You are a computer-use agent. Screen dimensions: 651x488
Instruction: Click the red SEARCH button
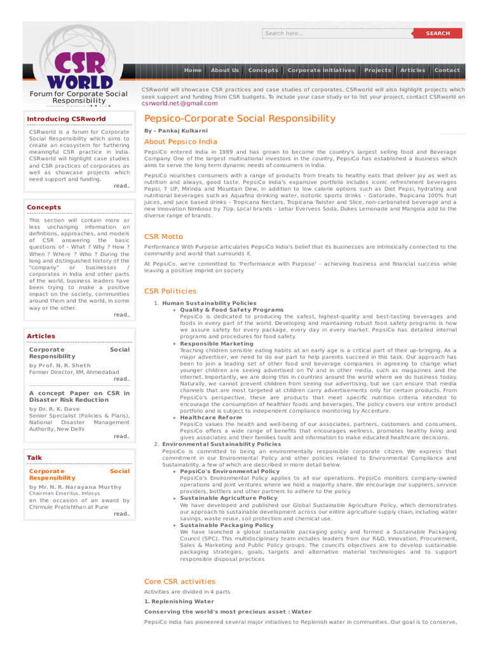[x=437, y=33]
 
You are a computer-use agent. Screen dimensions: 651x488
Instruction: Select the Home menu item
[x=193, y=70]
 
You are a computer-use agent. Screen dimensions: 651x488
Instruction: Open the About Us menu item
[x=225, y=70]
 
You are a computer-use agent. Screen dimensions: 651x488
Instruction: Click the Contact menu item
[x=447, y=70]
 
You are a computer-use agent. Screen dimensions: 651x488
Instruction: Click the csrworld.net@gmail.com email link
[x=179, y=103]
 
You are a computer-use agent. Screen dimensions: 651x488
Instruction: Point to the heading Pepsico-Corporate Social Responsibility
[x=240, y=118]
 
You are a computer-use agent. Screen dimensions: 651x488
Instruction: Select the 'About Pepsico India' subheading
[x=180, y=142]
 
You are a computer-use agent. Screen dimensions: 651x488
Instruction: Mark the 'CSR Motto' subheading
[x=163, y=236]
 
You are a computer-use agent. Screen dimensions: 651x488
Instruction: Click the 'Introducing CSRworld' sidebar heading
[x=66, y=119]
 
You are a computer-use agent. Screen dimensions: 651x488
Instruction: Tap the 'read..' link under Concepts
[x=121, y=315]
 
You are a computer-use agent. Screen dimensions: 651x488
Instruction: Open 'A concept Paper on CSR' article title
[x=79, y=397]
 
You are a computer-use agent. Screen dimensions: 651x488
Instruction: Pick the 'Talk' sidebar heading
[x=34, y=458]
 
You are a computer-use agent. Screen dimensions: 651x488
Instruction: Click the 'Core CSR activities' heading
[x=180, y=581]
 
